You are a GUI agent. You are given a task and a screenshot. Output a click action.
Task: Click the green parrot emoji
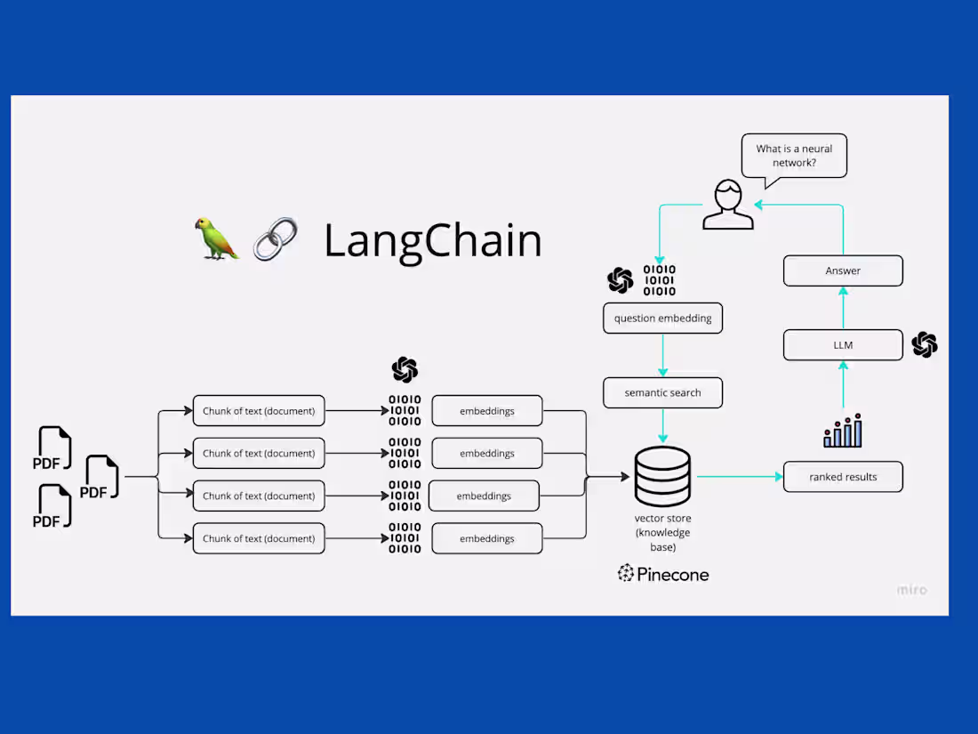click(217, 238)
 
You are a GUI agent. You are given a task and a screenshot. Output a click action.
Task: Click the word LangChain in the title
click(432, 241)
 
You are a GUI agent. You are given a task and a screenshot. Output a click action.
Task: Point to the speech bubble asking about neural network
click(794, 157)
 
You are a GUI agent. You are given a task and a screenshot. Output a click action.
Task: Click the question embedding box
click(662, 319)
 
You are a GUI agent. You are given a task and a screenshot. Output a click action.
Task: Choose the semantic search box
click(662, 392)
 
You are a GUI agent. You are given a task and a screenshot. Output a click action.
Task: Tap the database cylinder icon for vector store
click(662, 476)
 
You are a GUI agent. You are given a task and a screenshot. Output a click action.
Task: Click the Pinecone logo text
click(663, 574)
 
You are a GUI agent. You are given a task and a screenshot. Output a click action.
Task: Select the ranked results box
click(843, 477)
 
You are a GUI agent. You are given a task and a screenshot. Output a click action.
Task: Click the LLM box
click(843, 345)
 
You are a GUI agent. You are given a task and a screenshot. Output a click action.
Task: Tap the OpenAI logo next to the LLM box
click(925, 344)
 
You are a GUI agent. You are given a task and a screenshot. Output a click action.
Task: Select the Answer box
click(843, 271)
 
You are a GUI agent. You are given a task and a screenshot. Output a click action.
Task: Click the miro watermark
click(911, 589)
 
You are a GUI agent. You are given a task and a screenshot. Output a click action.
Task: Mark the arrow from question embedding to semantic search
click(662, 355)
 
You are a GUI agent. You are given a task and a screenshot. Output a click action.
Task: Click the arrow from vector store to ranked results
click(738, 477)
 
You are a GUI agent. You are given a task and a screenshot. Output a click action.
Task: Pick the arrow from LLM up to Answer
click(843, 308)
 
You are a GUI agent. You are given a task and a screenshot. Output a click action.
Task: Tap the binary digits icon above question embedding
click(659, 280)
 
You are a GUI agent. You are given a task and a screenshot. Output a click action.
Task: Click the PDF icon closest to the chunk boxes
click(101, 478)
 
